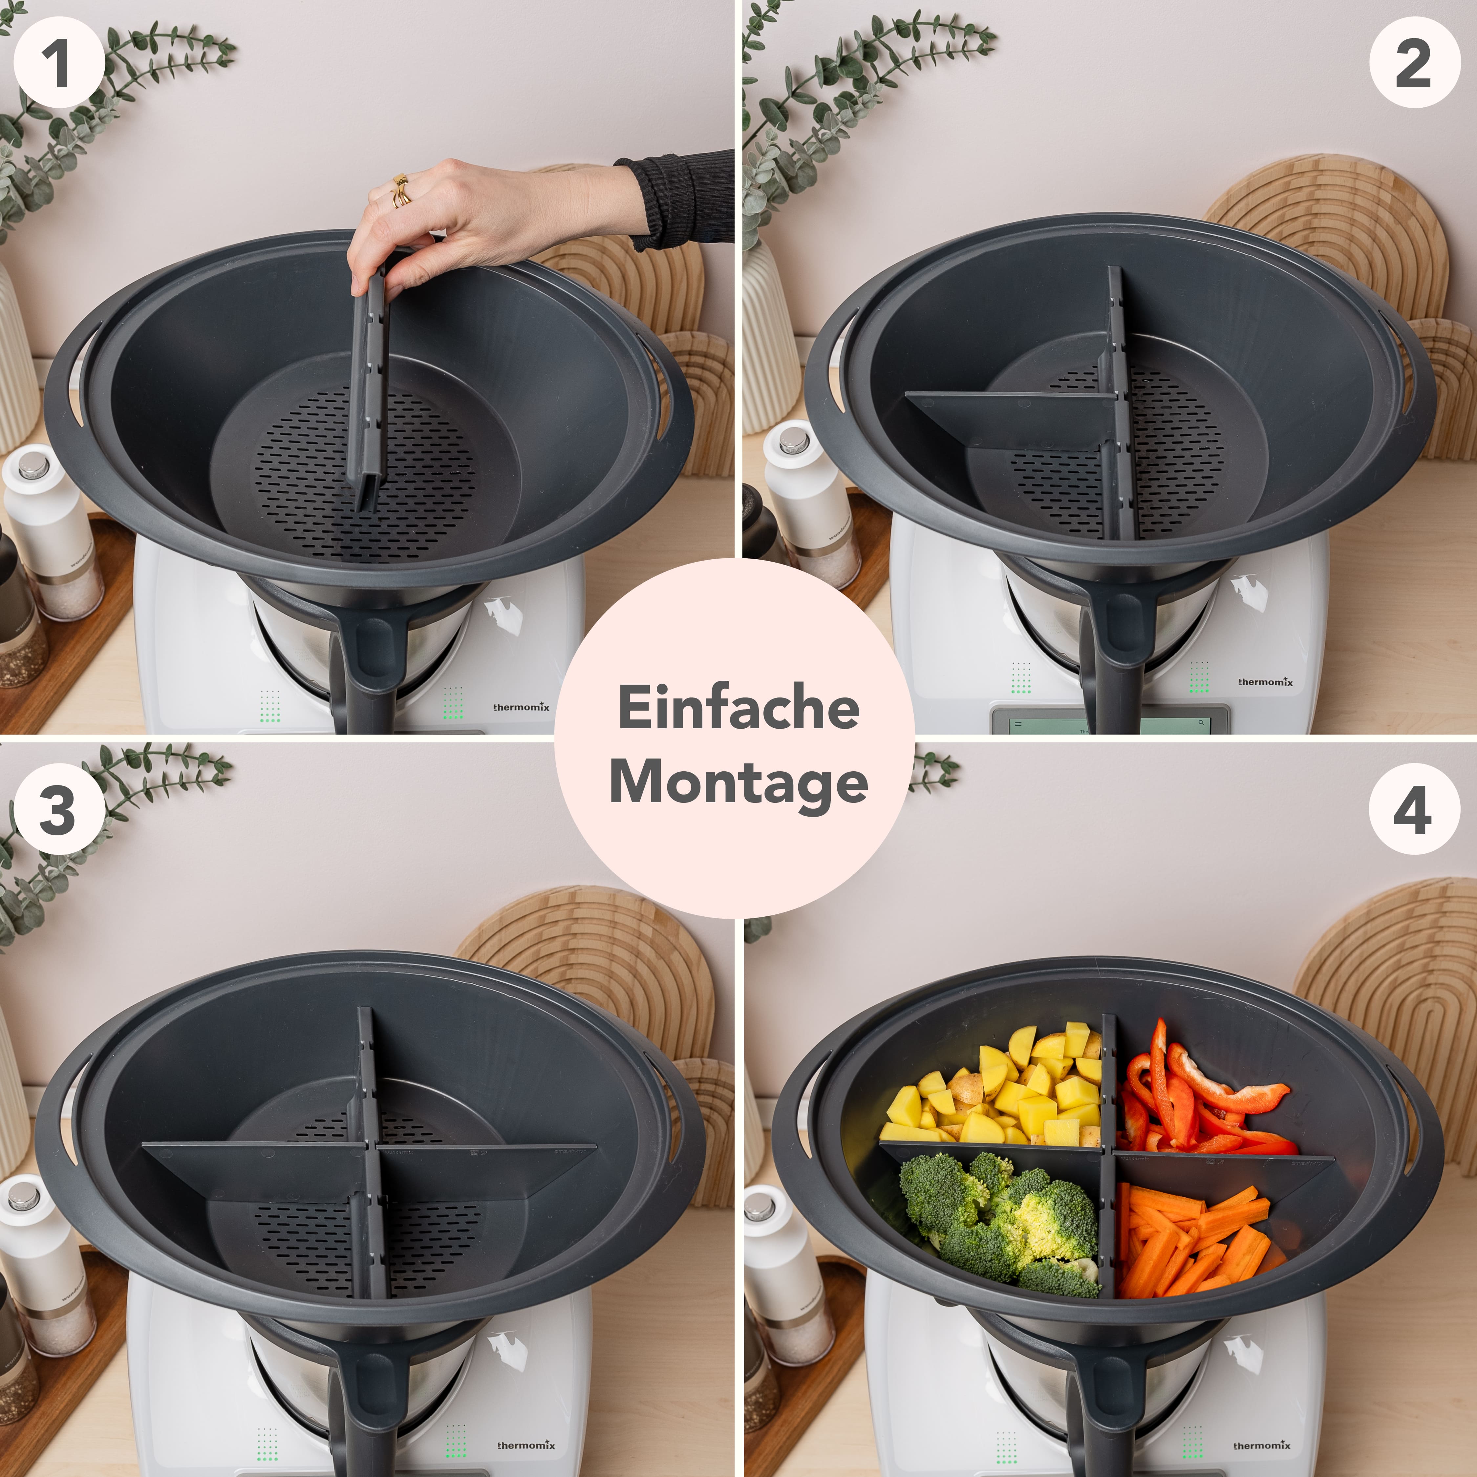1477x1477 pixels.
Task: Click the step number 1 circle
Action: (58, 63)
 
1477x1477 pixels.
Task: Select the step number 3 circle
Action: (58, 809)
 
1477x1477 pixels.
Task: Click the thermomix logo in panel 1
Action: (521, 707)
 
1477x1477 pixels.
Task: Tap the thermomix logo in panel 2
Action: (1265, 681)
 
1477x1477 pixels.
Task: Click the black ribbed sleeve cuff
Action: (673, 203)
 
